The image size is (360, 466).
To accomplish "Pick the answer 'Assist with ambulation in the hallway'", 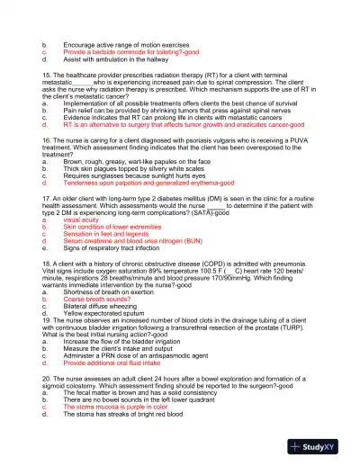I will [x=117, y=60].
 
